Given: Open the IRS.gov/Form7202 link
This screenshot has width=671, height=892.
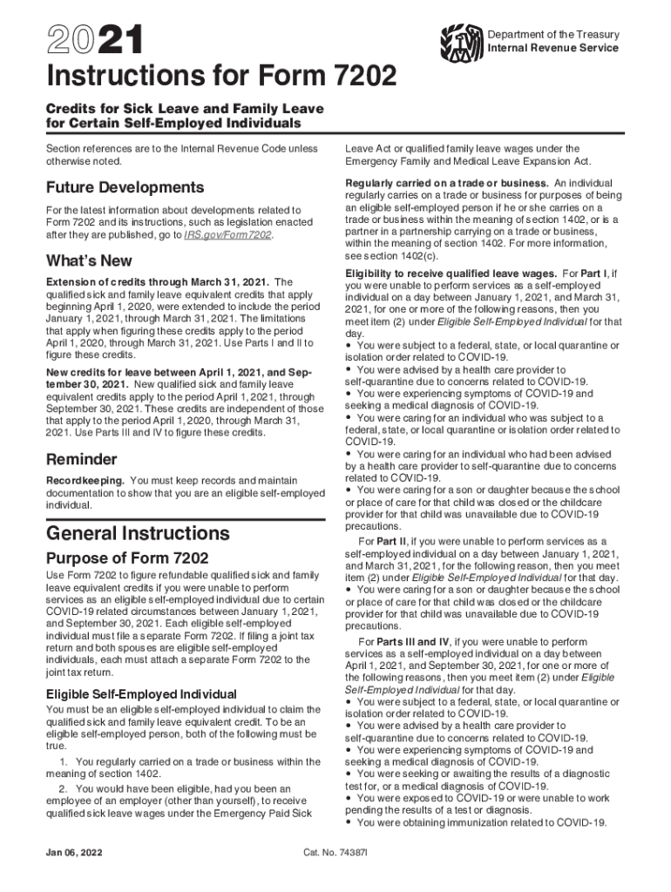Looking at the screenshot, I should [227, 235].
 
